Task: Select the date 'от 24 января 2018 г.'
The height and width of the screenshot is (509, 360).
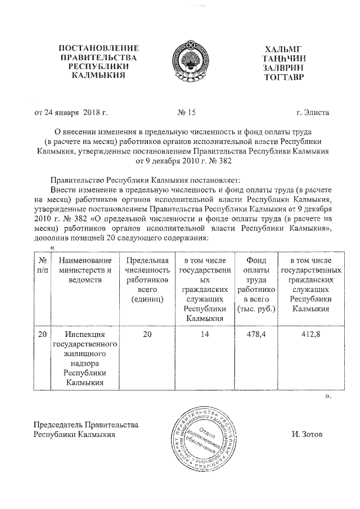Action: [x=71, y=112]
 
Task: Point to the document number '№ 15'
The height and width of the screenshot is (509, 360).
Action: [x=186, y=112]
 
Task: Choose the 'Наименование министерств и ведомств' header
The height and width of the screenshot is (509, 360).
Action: [x=85, y=270]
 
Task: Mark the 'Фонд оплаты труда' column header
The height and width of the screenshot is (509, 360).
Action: [x=256, y=284]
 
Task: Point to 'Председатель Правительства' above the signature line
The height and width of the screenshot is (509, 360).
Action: [x=86, y=425]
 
